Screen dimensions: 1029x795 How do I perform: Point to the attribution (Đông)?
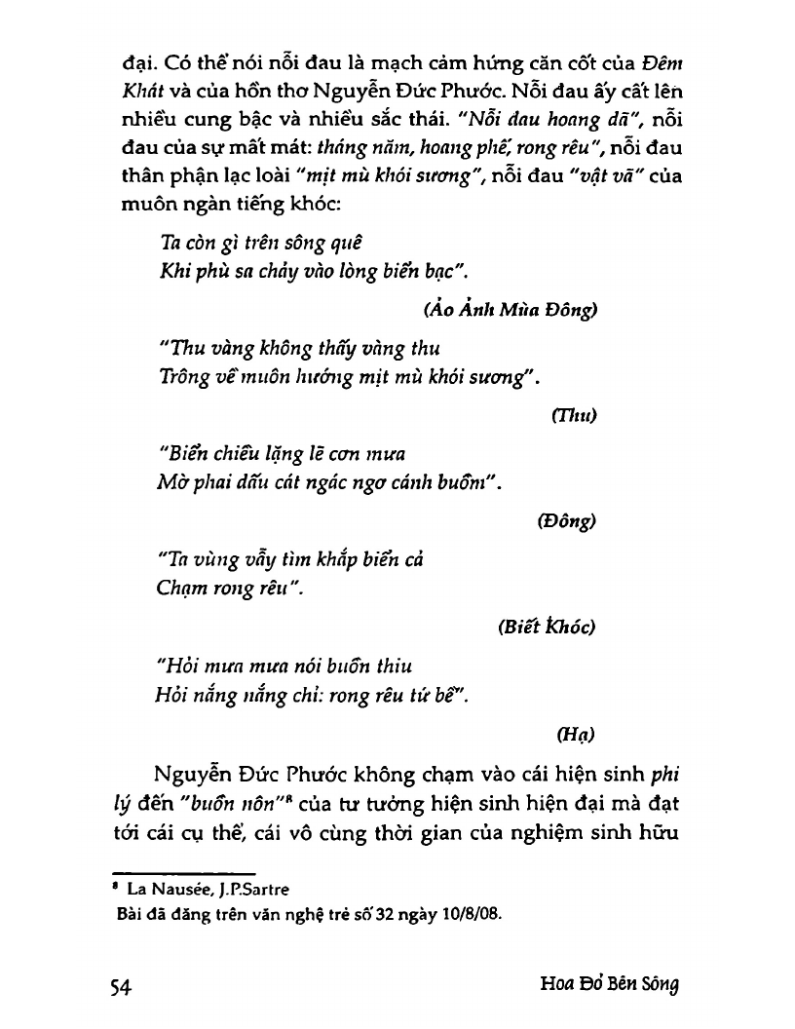click(566, 520)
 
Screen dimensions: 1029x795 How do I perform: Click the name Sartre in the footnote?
click(262, 889)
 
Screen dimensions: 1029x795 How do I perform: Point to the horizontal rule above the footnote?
click(184, 874)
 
